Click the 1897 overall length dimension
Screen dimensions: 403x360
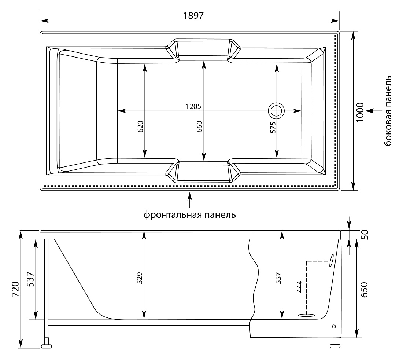(x=193, y=16)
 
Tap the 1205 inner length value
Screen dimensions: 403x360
(x=193, y=106)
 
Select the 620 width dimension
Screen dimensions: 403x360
(x=141, y=126)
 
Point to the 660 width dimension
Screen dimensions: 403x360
(x=199, y=126)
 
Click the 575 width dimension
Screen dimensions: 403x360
(x=273, y=127)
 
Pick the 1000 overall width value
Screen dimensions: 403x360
(x=361, y=112)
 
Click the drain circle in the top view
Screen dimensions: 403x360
(x=276, y=111)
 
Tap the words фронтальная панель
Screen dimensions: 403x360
(x=190, y=214)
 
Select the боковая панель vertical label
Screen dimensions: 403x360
(x=388, y=111)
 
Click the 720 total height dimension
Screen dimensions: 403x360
(x=15, y=289)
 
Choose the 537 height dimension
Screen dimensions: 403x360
(x=30, y=279)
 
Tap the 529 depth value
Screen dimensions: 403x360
(x=139, y=278)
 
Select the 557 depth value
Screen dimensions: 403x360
(x=278, y=278)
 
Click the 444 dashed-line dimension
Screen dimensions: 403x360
(x=300, y=287)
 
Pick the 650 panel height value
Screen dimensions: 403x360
(x=364, y=290)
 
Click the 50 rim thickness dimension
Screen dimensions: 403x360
(x=365, y=235)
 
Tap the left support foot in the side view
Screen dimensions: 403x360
(x=46, y=345)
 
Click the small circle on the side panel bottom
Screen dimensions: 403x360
(x=334, y=327)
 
